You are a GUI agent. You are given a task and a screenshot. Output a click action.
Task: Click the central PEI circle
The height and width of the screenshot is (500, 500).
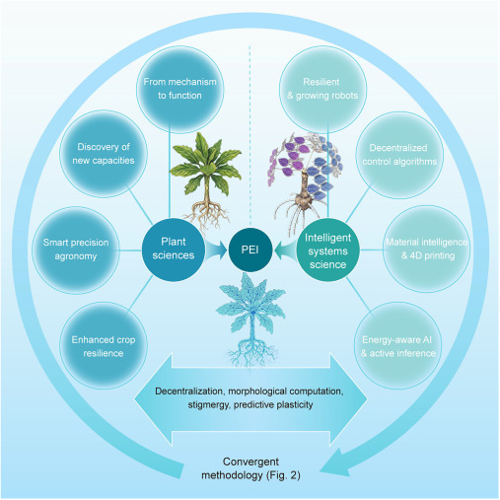pyautogui.click(x=250, y=250)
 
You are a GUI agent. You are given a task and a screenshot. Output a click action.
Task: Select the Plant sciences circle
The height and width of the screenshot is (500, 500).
pyautogui.click(x=174, y=250)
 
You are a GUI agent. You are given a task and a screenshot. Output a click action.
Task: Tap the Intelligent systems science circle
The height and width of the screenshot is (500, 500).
pyautogui.click(x=327, y=250)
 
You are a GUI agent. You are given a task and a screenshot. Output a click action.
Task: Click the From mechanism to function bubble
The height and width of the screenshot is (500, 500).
pyautogui.click(x=179, y=89)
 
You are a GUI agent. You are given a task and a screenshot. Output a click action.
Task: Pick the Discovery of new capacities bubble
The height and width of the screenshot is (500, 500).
pyautogui.click(x=104, y=154)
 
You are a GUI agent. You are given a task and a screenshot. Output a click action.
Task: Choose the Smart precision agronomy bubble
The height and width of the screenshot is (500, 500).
pyautogui.click(x=76, y=250)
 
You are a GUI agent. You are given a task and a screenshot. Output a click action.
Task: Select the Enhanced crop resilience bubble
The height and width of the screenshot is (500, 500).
pyautogui.click(x=104, y=346)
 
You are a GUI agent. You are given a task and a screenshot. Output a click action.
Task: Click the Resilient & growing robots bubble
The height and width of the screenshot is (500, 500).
pyautogui.click(x=322, y=89)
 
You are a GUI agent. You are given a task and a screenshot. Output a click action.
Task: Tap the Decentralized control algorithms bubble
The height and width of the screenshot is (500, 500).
pyautogui.click(x=399, y=155)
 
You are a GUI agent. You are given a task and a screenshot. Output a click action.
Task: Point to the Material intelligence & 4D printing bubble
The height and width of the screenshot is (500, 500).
pyautogui.click(x=427, y=250)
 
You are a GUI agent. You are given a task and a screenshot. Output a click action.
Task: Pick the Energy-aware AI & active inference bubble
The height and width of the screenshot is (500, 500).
pyautogui.click(x=397, y=346)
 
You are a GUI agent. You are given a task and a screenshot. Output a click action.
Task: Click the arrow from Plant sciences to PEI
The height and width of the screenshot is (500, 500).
pyautogui.click(x=216, y=250)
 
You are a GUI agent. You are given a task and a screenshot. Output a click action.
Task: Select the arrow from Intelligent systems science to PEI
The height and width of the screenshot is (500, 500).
pyautogui.click(x=285, y=250)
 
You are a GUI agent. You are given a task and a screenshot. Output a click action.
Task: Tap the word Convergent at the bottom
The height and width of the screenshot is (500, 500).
pyautogui.click(x=250, y=462)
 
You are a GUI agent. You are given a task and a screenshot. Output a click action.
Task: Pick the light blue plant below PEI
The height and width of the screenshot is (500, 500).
pyautogui.click(x=250, y=321)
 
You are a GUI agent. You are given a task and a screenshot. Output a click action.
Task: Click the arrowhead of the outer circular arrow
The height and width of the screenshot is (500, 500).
pyautogui.click(x=335, y=462)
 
